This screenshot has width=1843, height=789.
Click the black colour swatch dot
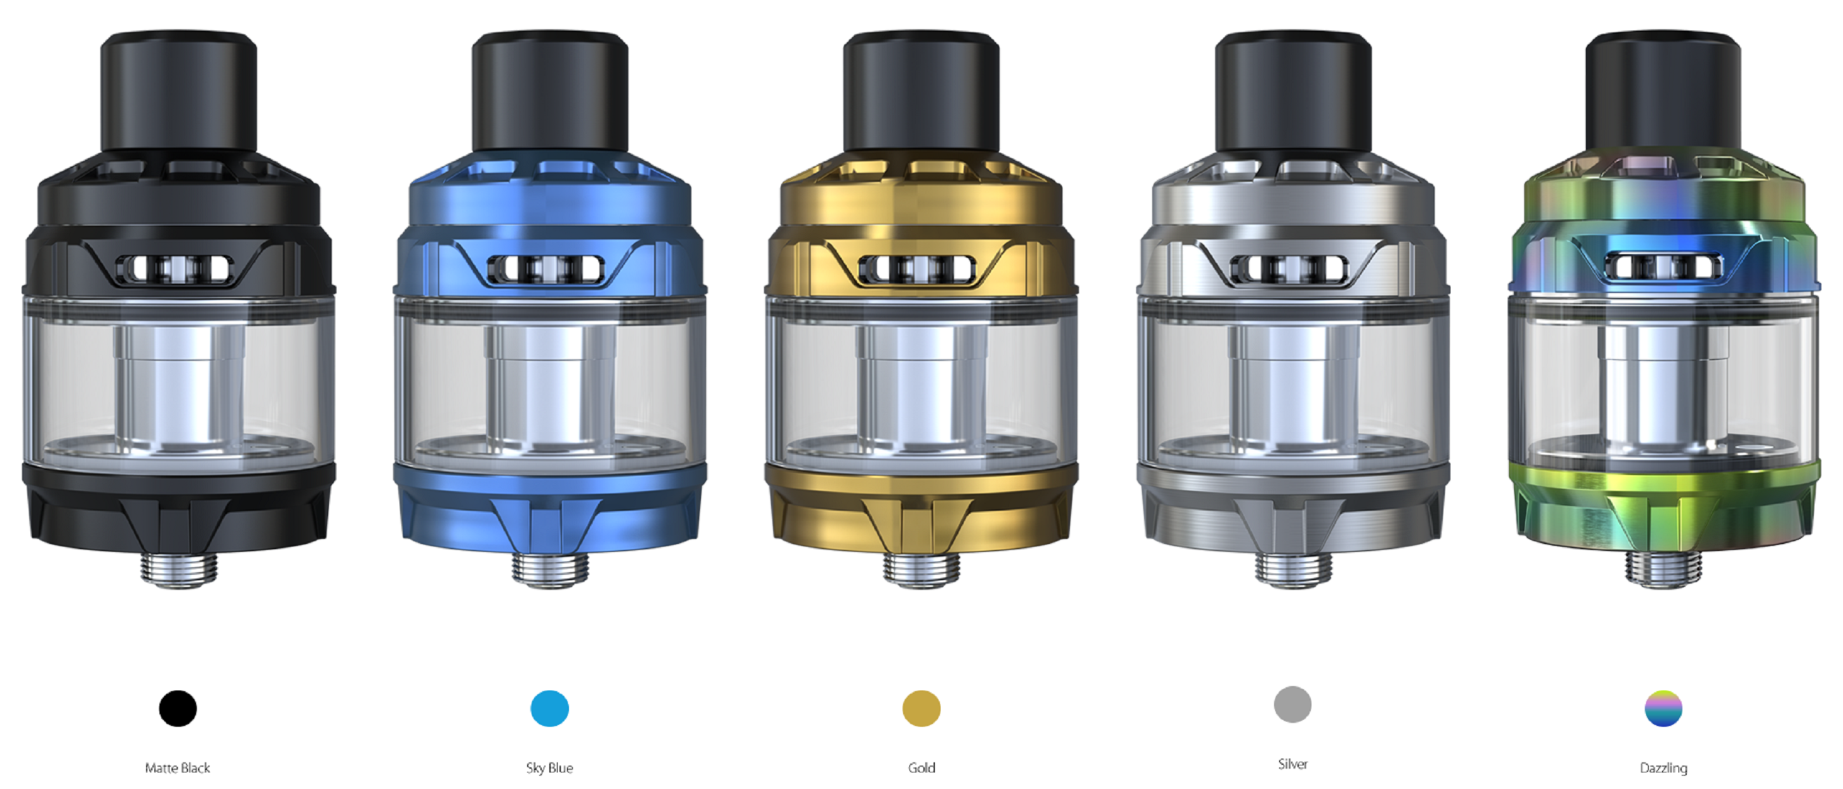(x=177, y=708)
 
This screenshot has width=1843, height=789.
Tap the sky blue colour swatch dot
(x=549, y=708)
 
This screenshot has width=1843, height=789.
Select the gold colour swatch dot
(x=921, y=708)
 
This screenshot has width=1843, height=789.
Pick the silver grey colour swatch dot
(x=1293, y=704)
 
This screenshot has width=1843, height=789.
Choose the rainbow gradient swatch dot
(x=1663, y=708)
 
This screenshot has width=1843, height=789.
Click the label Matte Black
(x=177, y=767)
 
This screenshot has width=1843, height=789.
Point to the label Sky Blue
(x=549, y=767)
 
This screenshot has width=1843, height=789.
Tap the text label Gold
(x=921, y=767)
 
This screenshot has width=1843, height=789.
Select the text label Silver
(x=1293, y=764)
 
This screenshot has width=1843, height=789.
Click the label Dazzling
(x=1663, y=768)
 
